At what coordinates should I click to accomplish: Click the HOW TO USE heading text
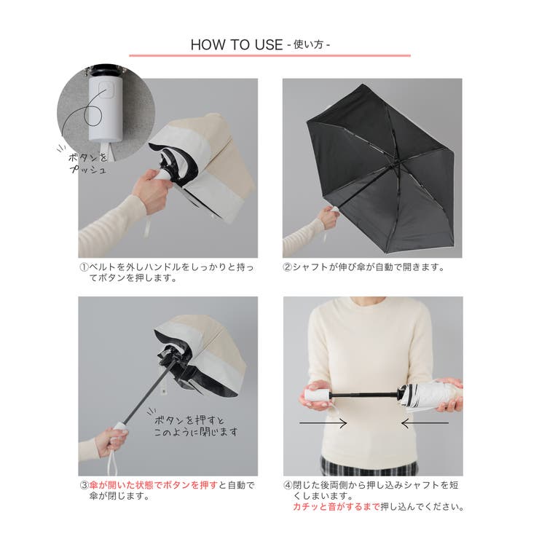(x=237, y=44)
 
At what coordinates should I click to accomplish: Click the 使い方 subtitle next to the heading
(x=308, y=44)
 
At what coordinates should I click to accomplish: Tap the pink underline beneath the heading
(x=269, y=55)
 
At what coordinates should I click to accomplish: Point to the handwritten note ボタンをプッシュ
(x=87, y=163)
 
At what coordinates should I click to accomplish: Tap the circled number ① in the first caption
(x=84, y=267)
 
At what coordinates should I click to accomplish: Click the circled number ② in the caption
(x=288, y=267)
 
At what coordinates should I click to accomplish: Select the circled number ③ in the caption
(x=84, y=485)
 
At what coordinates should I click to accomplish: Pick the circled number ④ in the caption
(x=288, y=485)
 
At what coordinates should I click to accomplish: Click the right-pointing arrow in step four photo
(x=323, y=423)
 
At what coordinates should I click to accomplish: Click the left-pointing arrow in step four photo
(x=425, y=423)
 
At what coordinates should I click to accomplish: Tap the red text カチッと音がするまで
(x=337, y=507)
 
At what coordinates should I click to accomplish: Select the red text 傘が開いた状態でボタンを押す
(x=153, y=485)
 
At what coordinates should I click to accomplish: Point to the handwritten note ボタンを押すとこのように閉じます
(x=196, y=425)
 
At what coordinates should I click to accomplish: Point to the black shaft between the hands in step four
(x=364, y=395)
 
